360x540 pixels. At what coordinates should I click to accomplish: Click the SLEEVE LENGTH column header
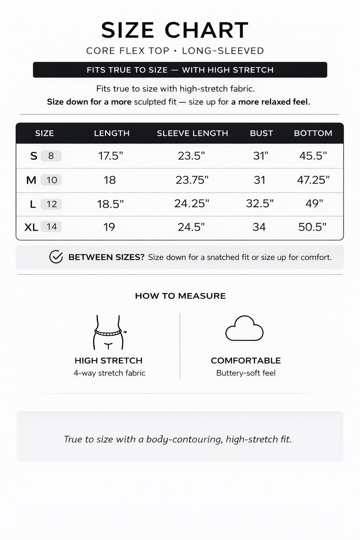[x=192, y=133]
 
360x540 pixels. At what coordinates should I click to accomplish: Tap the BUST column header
[x=261, y=133]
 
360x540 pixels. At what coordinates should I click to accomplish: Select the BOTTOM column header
[x=313, y=133]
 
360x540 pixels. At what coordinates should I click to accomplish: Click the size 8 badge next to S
[x=51, y=156]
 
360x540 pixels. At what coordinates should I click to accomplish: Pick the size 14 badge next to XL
[x=51, y=227]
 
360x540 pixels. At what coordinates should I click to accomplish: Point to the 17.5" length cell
[x=111, y=156]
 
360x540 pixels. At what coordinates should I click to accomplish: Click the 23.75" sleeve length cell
[x=192, y=180]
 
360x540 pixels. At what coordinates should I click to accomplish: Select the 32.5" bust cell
[x=260, y=204]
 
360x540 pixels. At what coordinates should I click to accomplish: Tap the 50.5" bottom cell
[x=312, y=227]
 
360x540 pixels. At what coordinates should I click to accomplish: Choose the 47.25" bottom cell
[x=313, y=180]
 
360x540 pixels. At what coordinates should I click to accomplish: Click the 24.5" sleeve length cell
[x=191, y=227]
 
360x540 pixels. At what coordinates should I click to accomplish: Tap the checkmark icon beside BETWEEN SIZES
[x=56, y=257]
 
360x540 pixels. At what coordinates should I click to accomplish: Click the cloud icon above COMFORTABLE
[x=244, y=329]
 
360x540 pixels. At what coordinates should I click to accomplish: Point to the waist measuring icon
[x=109, y=332]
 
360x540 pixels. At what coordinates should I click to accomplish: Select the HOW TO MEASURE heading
[x=180, y=296]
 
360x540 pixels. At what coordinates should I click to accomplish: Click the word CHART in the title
[x=207, y=30]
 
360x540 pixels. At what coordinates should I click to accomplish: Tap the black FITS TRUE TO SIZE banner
[x=180, y=70]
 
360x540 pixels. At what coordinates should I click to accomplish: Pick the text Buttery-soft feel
[x=246, y=373]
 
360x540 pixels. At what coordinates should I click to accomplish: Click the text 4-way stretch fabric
[x=109, y=373]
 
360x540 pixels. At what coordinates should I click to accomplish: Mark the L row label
[x=33, y=204]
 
